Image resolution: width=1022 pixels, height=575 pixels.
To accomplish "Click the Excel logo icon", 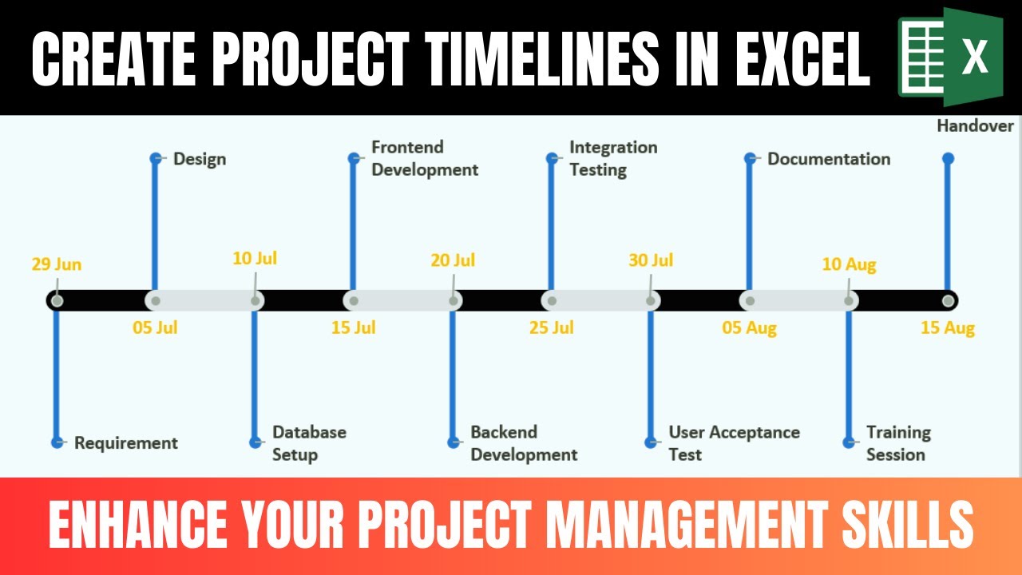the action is tap(951, 57).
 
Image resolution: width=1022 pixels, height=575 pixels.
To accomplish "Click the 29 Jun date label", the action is tap(57, 264).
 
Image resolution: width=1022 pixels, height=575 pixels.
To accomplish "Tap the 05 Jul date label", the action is tap(155, 327).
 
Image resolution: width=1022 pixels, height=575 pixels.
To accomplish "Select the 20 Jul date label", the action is tap(453, 260).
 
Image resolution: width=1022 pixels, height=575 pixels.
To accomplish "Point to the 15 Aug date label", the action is tap(948, 327).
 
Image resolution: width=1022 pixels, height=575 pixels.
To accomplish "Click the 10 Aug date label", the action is tap(849, 264).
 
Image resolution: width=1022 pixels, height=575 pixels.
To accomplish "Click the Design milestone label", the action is tap(200, 159).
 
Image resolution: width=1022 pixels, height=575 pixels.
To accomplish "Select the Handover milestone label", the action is tap(976, 126).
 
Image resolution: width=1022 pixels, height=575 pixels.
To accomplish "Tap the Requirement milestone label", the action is tap(126, 443).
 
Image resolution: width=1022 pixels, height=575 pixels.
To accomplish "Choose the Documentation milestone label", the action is tap(829, 159).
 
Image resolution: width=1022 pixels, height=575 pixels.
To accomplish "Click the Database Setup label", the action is tap(309, 443).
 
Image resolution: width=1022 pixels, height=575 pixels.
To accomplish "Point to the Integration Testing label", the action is tap(614, 158).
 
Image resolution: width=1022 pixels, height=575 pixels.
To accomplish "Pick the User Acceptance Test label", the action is tap(735, 443).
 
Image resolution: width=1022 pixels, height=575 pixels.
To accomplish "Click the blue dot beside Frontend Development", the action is tap(354, 158).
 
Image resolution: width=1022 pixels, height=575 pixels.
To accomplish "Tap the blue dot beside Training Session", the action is tap(849, 442).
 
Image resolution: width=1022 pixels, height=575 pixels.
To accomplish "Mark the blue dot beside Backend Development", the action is tap(453, 442).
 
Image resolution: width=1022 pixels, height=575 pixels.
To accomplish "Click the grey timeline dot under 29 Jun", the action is tap(57, 301).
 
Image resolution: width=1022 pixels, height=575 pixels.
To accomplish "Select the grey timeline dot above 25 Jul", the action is tap(552, 301).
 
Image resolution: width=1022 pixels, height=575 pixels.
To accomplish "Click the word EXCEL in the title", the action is tap(802, 58).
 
